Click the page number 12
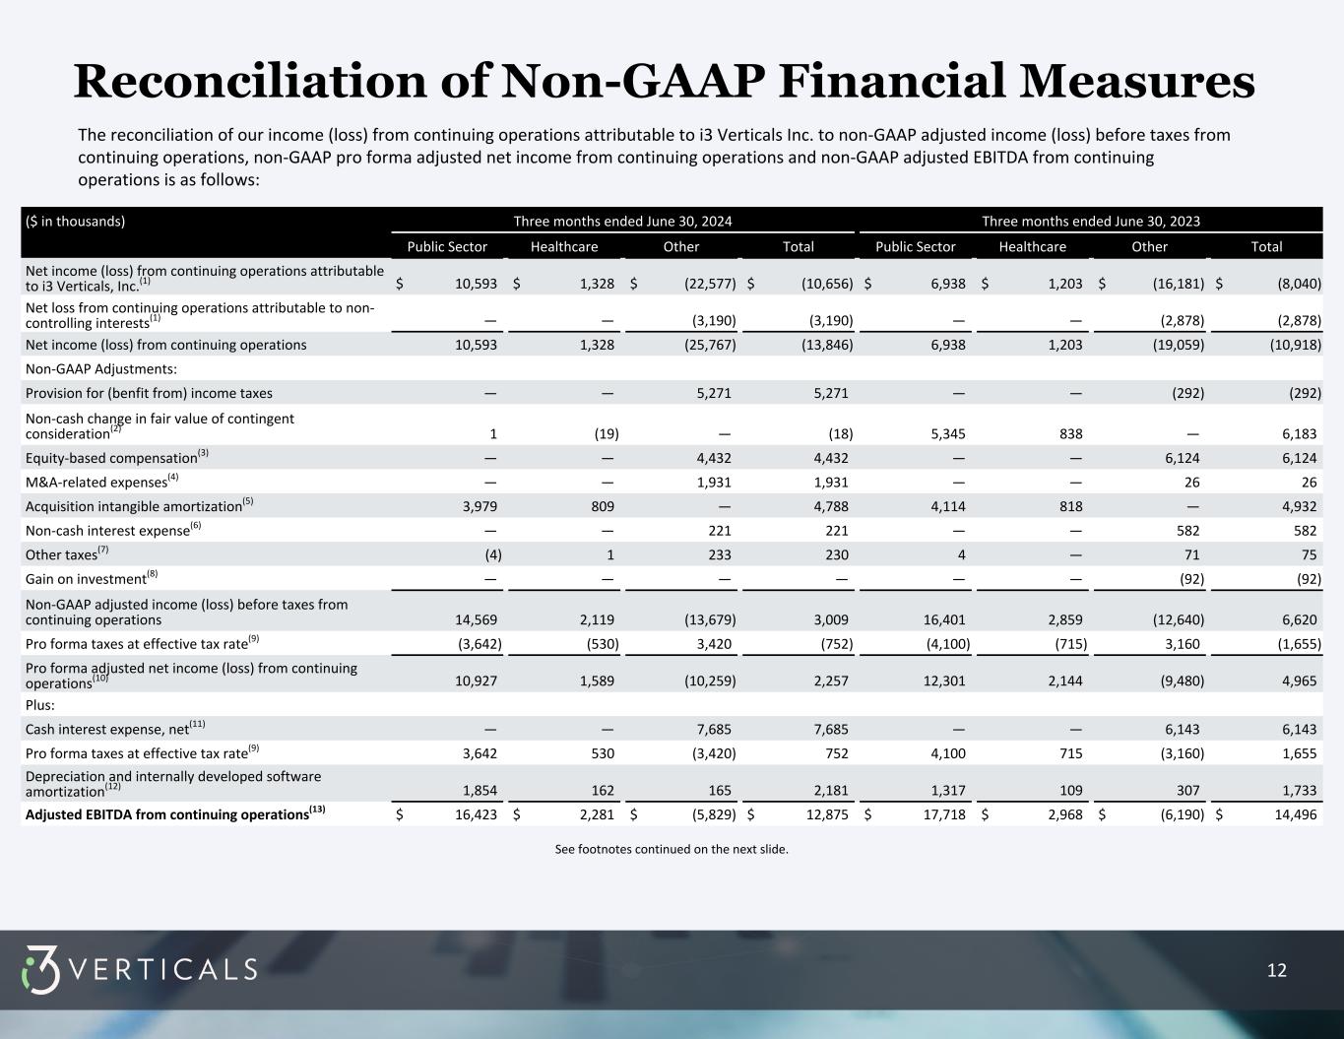coord(1276,971)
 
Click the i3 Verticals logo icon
coord(41,969)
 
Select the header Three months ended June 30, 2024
coord(622,222)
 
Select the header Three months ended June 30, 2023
coord(1091,222)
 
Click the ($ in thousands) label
coord(76,222)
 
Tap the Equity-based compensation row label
coord(111,458)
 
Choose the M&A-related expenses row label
coord(96,483)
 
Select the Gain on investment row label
coord(86,579)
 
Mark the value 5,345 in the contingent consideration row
coord(943,433)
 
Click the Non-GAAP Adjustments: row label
coord(100,369)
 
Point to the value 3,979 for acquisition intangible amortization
coord(479,506)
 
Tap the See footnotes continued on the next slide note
coord(672,849)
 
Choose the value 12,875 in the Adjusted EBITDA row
coord(824,814)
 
